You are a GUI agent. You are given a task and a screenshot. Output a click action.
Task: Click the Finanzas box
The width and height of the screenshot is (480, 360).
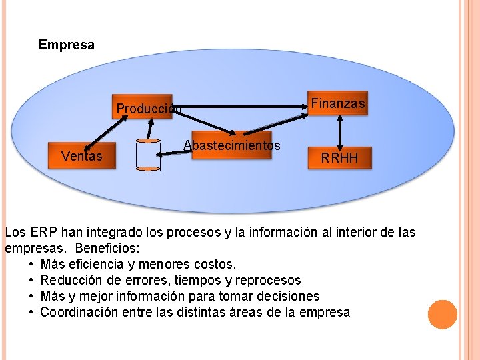tap(339, 103)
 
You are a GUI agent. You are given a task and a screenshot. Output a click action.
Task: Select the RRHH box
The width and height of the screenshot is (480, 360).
tap(340, 158)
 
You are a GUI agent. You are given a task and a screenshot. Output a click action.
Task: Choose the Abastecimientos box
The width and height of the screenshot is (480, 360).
tap(231, 145)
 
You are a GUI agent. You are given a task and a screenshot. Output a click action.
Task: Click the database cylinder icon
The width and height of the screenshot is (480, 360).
tap(148, 155)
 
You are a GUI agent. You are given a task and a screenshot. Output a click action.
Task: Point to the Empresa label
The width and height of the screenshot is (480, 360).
tap(67, 45)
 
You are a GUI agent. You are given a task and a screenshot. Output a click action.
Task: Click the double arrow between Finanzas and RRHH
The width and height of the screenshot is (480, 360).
tap(340, 131)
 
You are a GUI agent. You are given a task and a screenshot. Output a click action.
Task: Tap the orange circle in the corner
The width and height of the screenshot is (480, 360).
tap(442, 315)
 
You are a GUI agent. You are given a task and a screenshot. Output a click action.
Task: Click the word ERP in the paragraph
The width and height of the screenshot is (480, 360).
tap(40, 233)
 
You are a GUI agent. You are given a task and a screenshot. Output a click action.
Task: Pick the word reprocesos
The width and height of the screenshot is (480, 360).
tap(270, 281)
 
